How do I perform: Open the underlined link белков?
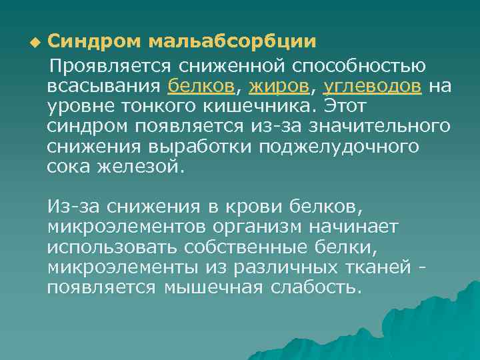pos(202,87)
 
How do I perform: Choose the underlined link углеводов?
pos(372,87)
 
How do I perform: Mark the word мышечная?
pos(213,287)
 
